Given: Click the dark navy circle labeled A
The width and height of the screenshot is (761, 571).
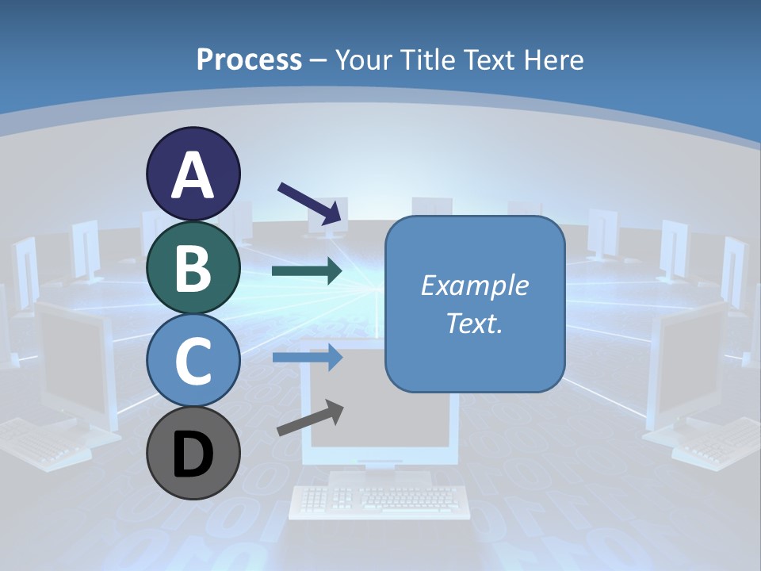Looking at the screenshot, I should [x=193, y=174].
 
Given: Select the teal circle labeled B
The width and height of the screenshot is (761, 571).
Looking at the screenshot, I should [x=193, y=266].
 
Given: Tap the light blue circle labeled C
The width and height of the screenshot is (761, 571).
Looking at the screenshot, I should [x=193, y=359].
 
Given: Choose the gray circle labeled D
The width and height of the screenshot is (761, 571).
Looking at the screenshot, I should [x=193, y=453].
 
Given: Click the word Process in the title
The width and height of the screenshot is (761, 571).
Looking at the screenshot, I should [x=249, y=59].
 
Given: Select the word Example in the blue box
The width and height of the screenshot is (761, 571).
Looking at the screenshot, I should [x=474, y=285].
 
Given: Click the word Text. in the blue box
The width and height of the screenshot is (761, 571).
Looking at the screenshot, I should [x=474, y=323].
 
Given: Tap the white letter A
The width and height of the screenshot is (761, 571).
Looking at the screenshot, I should [x=193, y=175].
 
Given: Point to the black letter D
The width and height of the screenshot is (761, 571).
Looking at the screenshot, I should [x=193, y=454].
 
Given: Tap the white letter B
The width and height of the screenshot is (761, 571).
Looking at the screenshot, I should [x=193, y=268].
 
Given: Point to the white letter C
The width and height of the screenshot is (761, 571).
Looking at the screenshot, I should [x=193, y=361].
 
